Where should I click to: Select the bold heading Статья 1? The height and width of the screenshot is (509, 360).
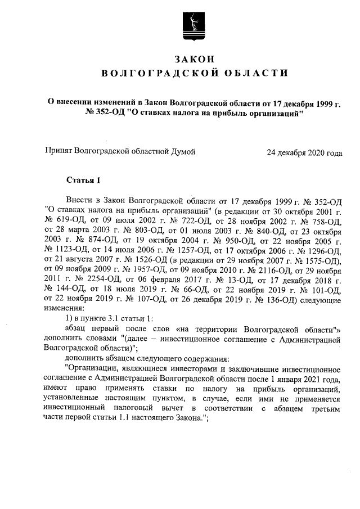tap(83, 180)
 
